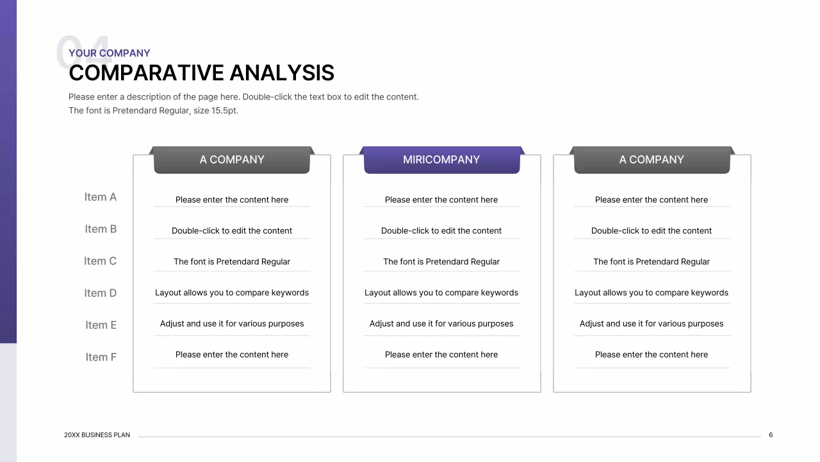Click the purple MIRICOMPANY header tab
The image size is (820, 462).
click(441, 160)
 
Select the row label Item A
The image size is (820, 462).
click(101, 197)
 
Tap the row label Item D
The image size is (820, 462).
click(101, 293)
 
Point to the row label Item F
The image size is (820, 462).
click(101, 357)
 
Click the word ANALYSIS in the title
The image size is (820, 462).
click(282, 73)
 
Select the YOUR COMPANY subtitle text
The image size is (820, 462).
click(110, 53)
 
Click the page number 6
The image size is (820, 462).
click(771, 435)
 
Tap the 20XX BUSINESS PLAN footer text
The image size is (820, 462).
click(97, 435)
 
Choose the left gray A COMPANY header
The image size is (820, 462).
click(232, 160)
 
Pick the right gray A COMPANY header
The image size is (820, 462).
click(652, 160)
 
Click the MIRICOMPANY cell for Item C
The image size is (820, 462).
click(441, 262)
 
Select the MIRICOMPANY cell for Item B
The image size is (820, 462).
click(441, 231)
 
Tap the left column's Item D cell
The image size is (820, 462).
click(232, 293)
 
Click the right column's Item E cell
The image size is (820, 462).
click(652, 324)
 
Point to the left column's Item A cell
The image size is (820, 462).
click(232, 200)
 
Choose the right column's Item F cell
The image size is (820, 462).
click(652, 355)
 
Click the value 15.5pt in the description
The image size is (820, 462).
click(224, 110)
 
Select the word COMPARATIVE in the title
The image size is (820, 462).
click(146, 73)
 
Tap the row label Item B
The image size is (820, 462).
click(101, 229)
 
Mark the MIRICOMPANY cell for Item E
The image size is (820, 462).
click(441, 324)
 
